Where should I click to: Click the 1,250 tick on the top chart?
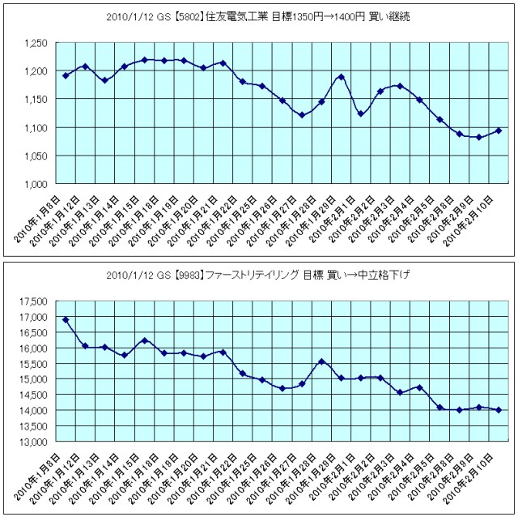(x=36, y=43)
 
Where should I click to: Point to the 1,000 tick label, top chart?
(x=36, y=184)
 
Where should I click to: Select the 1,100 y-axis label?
(x=36, y=128)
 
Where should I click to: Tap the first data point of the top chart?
(x=66, y=75)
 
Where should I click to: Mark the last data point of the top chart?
(x=498, y=130)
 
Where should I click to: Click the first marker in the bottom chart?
(x=66, y=320)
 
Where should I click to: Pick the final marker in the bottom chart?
(x=498, y=410)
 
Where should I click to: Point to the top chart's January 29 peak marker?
(x=341, y=77)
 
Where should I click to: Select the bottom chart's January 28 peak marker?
(x=321, y=361)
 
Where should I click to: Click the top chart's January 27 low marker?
(x=302, y=115)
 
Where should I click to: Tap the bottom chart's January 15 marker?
(x=144, y=340)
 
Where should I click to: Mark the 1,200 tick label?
(x=36, y=71)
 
